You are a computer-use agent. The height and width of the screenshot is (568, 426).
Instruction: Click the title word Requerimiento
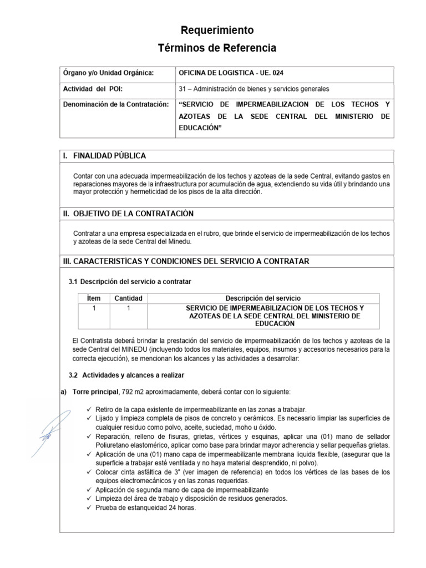click(217, 30)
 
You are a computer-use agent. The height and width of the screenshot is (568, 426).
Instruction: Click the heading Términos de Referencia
click(217, 48)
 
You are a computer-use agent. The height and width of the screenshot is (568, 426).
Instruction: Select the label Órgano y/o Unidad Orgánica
click(108, 73)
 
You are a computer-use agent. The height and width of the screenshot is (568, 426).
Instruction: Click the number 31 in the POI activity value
click(182, 89)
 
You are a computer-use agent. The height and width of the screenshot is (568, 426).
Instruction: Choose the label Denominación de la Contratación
click(115, 104)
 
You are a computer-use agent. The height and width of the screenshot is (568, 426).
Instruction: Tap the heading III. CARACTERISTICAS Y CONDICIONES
click(186, 261)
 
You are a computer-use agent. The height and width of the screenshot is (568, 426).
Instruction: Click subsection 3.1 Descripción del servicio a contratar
click(130, 282)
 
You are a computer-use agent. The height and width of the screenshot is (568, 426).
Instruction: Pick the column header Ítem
click(94, 298)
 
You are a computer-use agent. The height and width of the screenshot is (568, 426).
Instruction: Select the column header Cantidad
click(128, 298)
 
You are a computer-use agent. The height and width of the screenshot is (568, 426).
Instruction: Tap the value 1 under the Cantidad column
click(128, 308)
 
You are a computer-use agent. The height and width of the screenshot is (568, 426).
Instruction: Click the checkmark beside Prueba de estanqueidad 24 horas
click(90, 507)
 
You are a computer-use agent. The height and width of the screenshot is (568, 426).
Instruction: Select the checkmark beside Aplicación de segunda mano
click(90, 490)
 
